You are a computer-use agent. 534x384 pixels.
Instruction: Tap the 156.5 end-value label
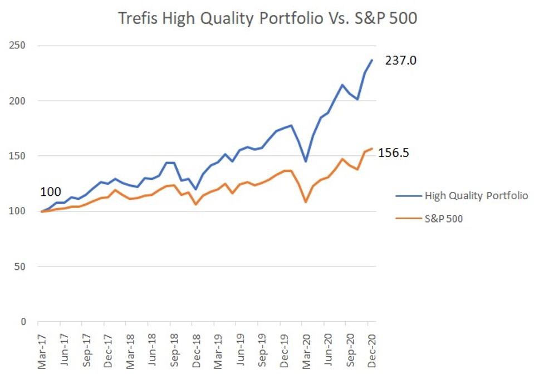coord(394,152)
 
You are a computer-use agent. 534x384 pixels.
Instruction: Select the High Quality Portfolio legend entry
coord(476,196)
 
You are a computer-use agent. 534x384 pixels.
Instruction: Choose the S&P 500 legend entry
coord(443,218)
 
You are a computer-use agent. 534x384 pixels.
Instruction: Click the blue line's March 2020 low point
coord(306,161)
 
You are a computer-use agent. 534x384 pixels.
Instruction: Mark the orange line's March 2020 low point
coord(306,201)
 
